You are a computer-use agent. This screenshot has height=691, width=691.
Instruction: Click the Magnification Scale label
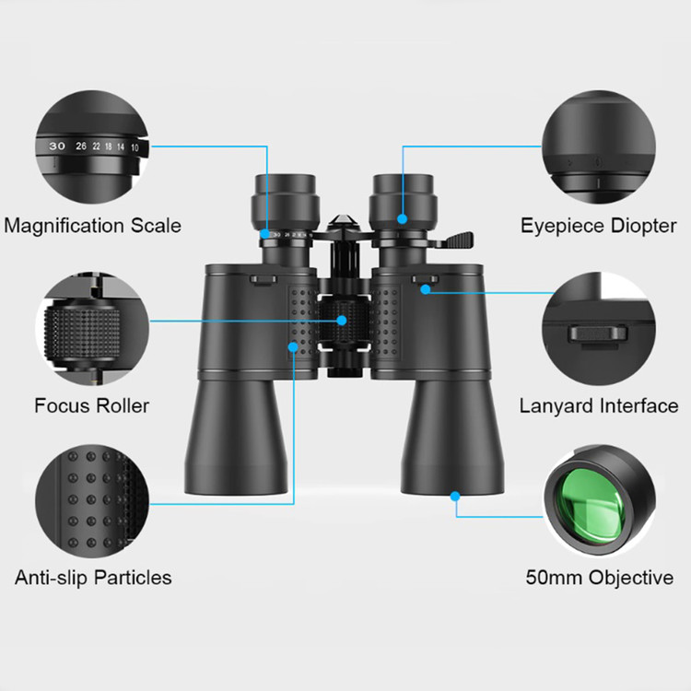tap(92, 226)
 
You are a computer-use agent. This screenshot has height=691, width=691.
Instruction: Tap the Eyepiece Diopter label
tap(599, 226)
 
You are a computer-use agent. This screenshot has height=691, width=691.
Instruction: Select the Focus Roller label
tap(91, 405)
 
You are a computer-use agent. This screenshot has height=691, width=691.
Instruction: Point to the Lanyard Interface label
tap(599, 406)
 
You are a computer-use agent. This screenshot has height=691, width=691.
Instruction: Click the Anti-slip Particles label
tap(93, 578)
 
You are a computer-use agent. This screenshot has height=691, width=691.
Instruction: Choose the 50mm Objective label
tap(600, 578)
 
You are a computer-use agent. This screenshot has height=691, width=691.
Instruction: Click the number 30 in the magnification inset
tap(57, 146)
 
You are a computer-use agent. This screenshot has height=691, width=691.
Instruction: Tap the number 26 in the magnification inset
tap(81, 146)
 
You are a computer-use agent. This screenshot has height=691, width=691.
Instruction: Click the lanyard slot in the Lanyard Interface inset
tap(598, 334)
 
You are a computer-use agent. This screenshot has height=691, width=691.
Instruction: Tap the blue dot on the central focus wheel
tap(342, 321)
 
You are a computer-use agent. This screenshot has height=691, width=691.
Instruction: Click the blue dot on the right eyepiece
tap(402, 218)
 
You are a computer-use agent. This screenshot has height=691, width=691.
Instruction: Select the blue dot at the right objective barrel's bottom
tap(455, 497)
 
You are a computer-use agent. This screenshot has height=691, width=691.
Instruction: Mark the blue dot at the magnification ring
tap(264, 234)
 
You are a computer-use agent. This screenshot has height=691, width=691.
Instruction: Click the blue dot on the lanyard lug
tap(426, 289)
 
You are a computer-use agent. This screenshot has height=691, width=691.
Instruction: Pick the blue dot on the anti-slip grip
tap(293, 347)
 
